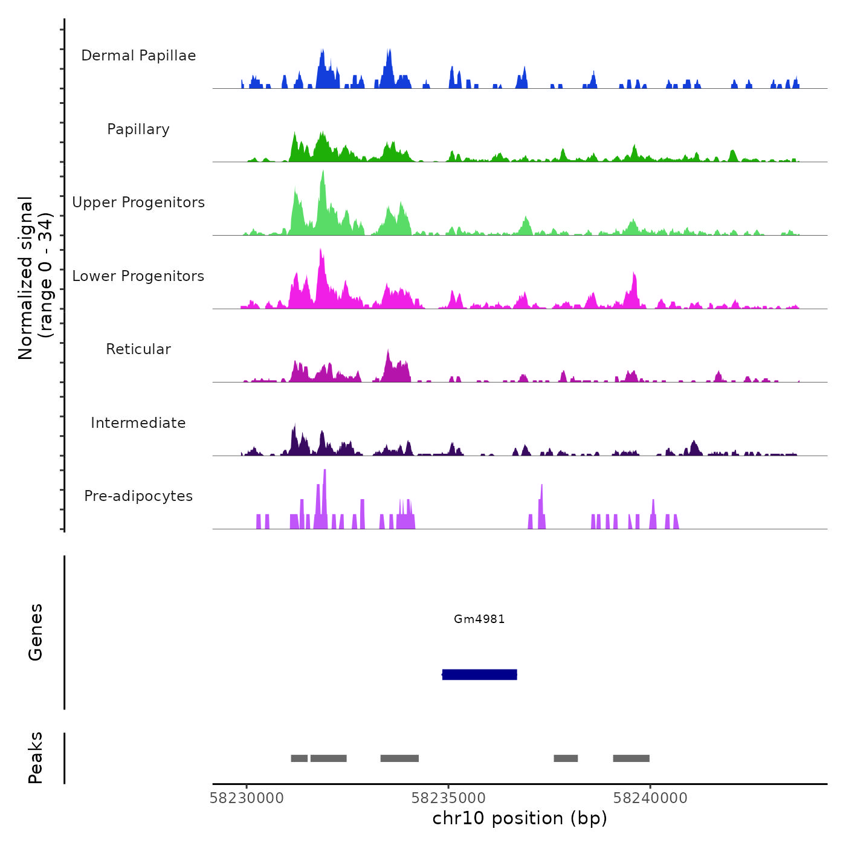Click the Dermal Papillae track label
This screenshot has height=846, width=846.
[138, 56]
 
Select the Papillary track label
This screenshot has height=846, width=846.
[138, 129]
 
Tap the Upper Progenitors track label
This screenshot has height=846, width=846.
[138, 202]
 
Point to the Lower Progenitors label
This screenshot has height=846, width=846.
[138, 276]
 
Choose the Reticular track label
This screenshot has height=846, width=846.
[138, 349]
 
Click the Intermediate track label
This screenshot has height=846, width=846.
[138, 423]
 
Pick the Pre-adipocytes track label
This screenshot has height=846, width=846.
[138, 496]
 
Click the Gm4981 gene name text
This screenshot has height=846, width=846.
[479, 619]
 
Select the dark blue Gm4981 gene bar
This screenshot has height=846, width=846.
[480, 674]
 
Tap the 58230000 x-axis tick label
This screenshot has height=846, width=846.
[247, 798]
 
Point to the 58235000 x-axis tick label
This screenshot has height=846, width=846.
[448, 798]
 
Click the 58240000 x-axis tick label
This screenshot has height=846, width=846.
[650, 798]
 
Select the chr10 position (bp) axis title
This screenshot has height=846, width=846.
[520, 818]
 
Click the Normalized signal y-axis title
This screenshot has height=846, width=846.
[35, 277]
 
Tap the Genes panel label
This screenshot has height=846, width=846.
[36, 632]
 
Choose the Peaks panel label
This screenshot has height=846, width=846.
[36, 758]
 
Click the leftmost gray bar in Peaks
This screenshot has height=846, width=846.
[299, 758]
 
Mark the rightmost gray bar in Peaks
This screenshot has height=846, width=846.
[631, 758]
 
